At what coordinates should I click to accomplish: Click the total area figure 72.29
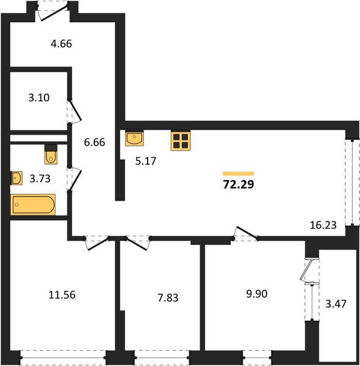click(239, 185)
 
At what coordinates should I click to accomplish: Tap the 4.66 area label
click(62, 44)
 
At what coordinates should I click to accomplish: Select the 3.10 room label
click(39, 98)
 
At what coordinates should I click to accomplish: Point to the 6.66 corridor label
click(95, 142)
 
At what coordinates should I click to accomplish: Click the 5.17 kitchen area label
click(146, 161)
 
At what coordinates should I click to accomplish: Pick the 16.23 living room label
click(323, 225)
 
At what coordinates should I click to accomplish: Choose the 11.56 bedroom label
click(62, 295)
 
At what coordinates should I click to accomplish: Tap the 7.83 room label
click(168, 298)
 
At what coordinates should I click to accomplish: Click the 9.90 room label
click(257, 294)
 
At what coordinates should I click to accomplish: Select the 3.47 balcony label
click(336, 304)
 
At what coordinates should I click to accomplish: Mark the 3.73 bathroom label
click(40, 179)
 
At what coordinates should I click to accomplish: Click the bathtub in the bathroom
click(33, 204)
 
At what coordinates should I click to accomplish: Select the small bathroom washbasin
click(16, 178)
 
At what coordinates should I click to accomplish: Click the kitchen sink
click(134, 138)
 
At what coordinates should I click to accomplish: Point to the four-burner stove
click(181, 141)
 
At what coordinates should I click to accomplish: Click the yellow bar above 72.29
click(239, 173)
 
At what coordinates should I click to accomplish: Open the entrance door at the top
click(54, 12)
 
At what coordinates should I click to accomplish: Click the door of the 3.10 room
click(74, 110)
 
